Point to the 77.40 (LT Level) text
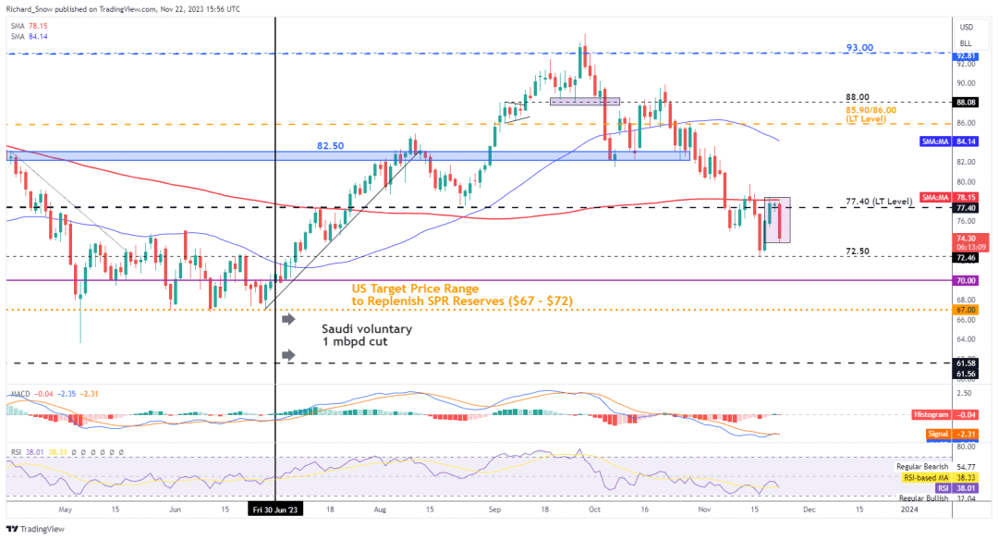point(880,201)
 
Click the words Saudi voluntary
point(367,328)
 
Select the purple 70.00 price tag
point(965,279)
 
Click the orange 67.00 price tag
point(965,312)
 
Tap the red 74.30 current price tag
point(967,241)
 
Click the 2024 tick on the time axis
point(909,509)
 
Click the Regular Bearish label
point(923,468)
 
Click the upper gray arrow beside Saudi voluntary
point(288,319)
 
